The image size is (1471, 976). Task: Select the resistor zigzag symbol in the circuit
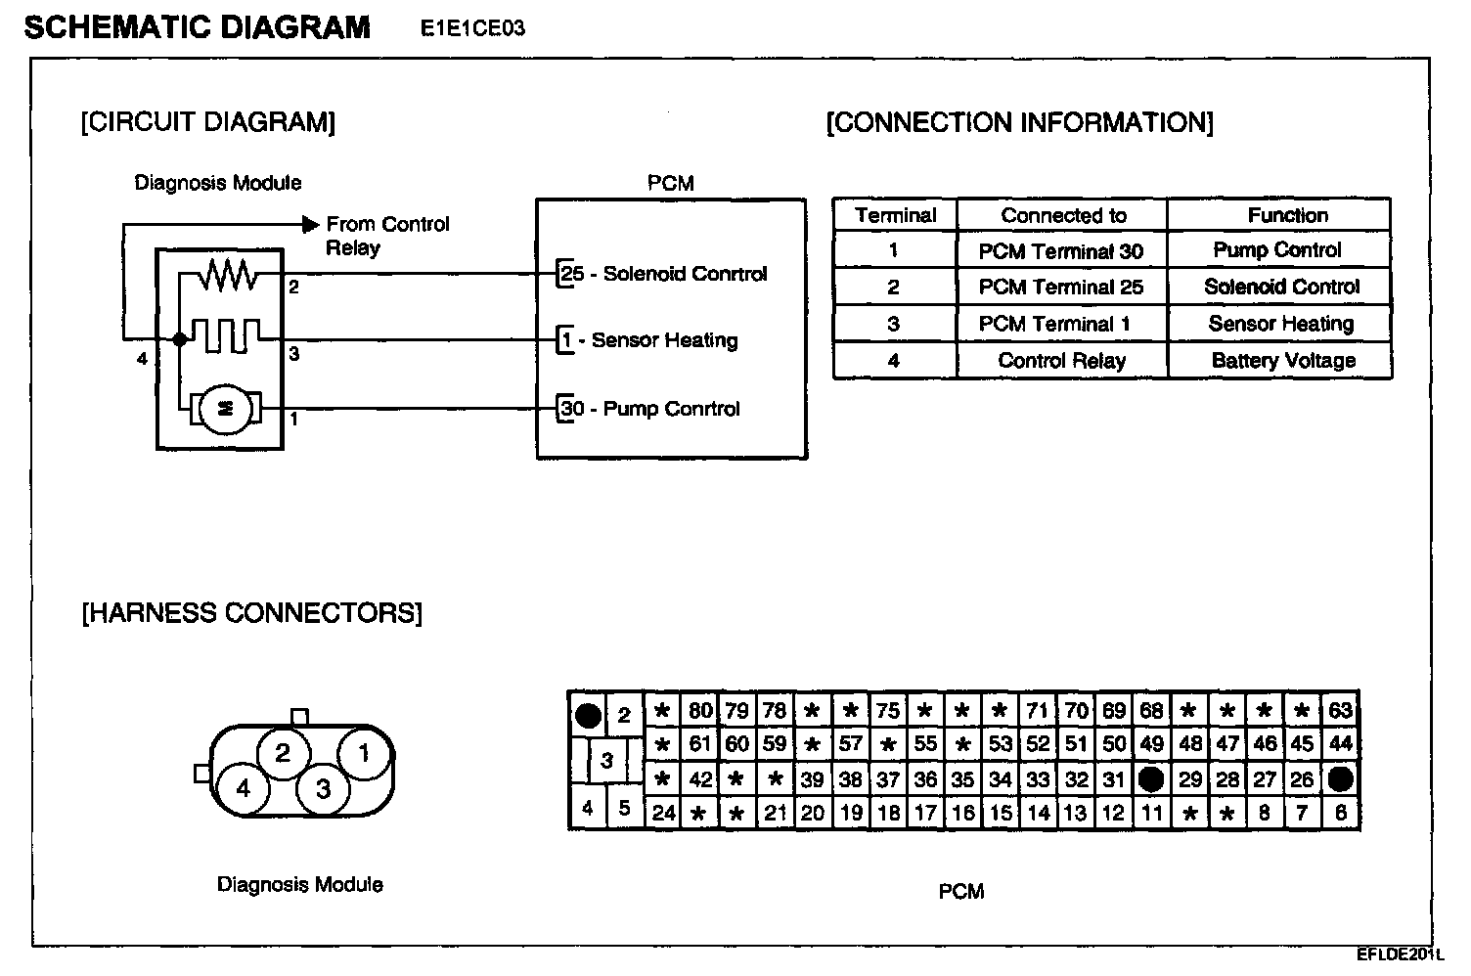228,278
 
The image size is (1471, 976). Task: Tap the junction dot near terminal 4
179,339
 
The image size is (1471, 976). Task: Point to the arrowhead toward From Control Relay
310,224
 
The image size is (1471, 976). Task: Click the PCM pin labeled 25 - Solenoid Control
663,274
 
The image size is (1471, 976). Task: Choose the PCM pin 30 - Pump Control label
649,409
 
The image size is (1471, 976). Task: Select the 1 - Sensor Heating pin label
648,340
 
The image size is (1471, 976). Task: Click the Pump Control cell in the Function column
1277,250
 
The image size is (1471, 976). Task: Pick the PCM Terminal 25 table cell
1060,288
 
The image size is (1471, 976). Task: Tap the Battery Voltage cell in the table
1283,361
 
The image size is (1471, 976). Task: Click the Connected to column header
1063,216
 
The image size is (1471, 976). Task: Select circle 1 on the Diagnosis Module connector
365,753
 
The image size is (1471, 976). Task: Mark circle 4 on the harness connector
244,787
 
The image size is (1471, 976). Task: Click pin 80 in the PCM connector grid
700,711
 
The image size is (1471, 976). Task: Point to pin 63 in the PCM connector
1340,711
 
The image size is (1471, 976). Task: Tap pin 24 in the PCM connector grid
663,813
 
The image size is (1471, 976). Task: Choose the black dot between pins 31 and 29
1151,779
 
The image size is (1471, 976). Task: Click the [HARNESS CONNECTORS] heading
252,613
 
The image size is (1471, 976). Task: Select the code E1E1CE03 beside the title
472,28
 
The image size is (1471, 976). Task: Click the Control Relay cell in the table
1061,361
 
